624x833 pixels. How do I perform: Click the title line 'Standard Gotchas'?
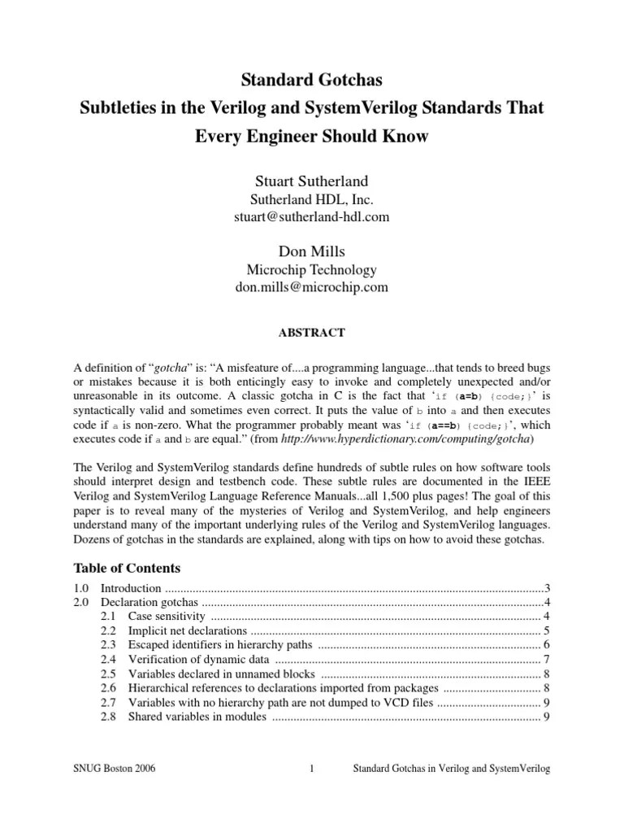point(311,81)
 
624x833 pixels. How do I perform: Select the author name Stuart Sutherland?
point(311,181)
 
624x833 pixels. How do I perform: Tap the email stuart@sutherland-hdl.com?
point(311,217)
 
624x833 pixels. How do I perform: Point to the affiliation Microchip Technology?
point(311,269)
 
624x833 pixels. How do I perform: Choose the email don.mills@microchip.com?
point(311,287)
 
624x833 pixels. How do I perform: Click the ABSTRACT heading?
point(311,333)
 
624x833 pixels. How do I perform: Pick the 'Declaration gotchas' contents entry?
point(150,602)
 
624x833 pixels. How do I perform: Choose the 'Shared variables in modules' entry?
point(197,717)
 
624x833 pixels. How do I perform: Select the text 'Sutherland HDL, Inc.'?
point(311,199)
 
